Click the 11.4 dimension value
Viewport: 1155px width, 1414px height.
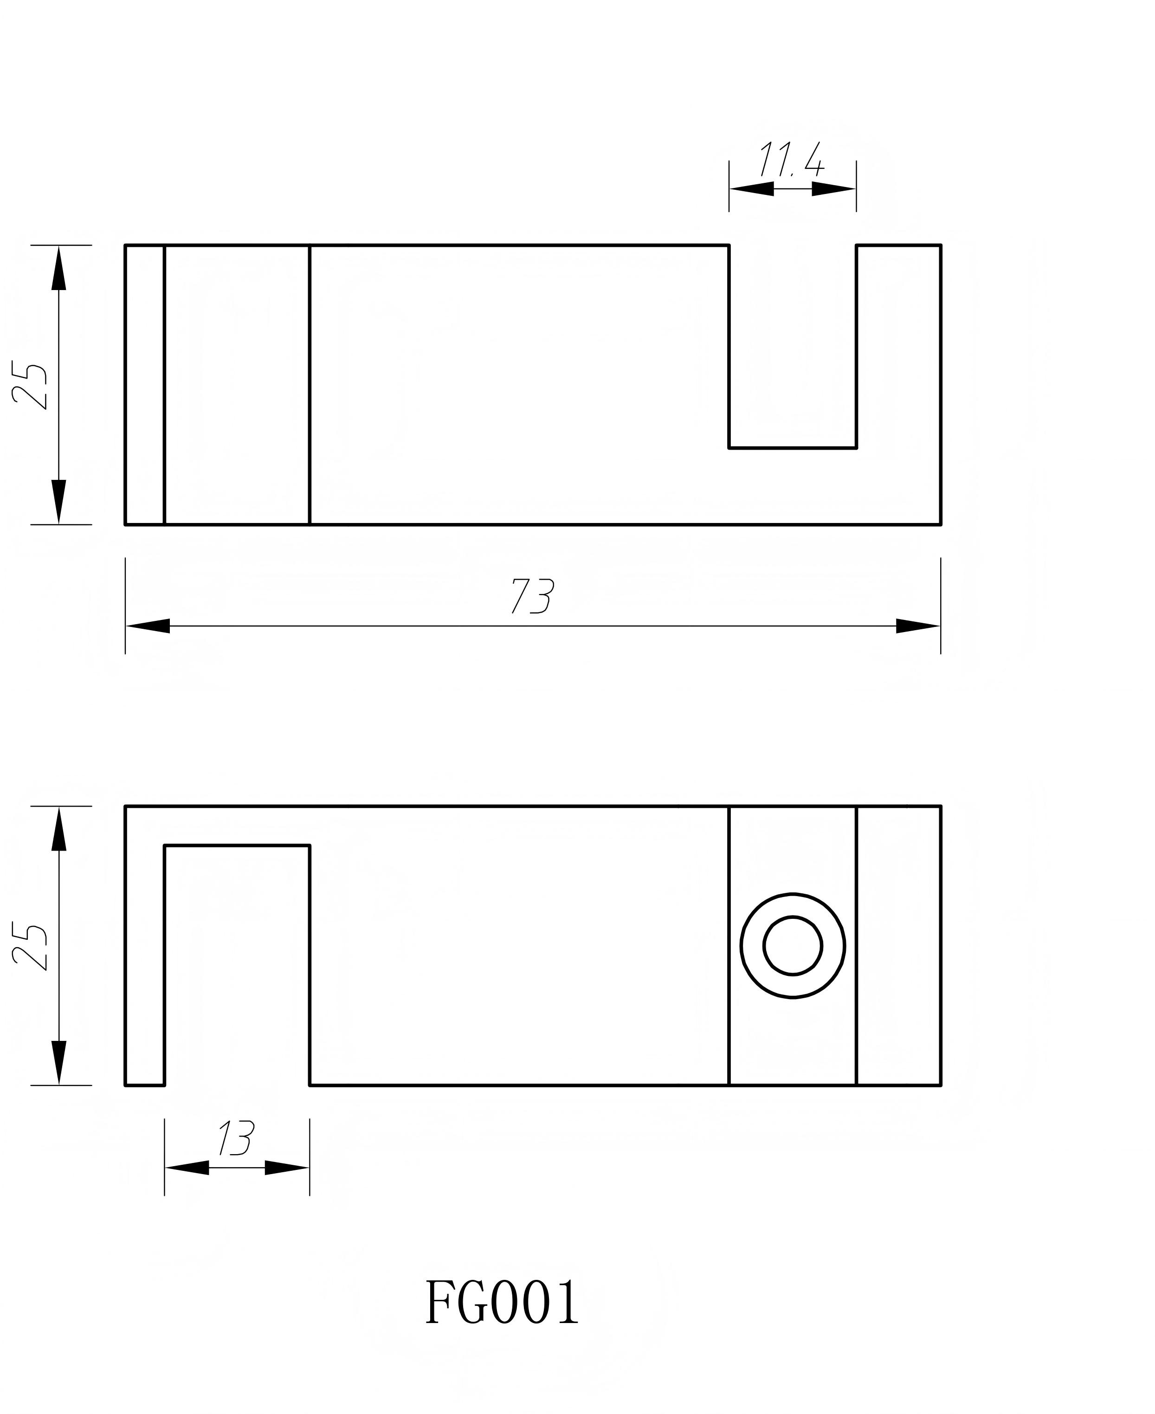(791, 160)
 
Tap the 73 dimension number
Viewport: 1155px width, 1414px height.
(532, 595)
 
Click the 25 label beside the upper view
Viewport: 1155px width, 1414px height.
(31, 386)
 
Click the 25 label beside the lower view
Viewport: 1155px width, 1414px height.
(31, 948)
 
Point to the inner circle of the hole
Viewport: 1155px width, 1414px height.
(793, 946)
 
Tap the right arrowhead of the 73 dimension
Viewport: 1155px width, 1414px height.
(918, 626)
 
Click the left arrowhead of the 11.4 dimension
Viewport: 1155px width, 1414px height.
(752, 189)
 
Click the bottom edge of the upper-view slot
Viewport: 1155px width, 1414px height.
(792, 448)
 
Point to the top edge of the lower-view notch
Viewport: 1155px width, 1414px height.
(236, 846)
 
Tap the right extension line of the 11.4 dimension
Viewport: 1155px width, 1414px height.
(856, 186)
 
